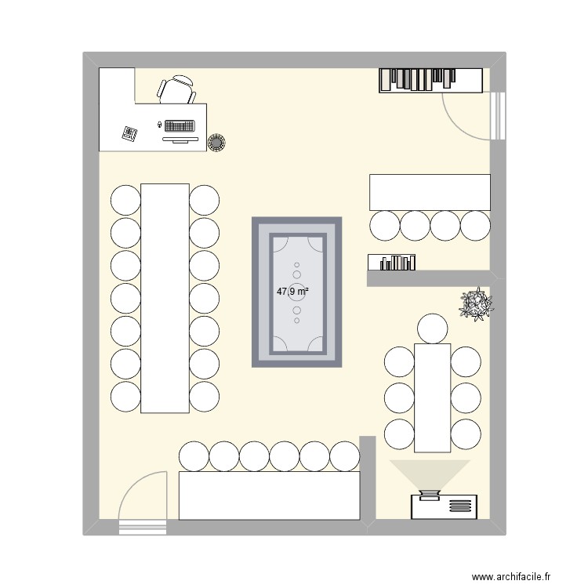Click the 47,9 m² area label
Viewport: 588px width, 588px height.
click(292, 291)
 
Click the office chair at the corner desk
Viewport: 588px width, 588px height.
click(177, 89)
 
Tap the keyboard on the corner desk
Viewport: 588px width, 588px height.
click(180, 125)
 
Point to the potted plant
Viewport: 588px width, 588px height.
click(476, 303)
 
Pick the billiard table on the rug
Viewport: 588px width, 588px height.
click(297, 292)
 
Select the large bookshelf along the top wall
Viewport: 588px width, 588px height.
click(430, 80)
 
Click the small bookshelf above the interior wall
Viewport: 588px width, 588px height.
click(392, 263)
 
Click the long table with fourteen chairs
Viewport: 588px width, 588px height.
click(165, 298)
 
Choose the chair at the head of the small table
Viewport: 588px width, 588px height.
click(432, 327)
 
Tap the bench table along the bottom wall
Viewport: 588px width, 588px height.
click(269, 495)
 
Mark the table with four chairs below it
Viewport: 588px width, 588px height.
click(430, 192)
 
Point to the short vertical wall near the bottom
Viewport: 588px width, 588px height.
click(367, 478)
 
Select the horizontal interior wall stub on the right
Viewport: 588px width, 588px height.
click(428, 278)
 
